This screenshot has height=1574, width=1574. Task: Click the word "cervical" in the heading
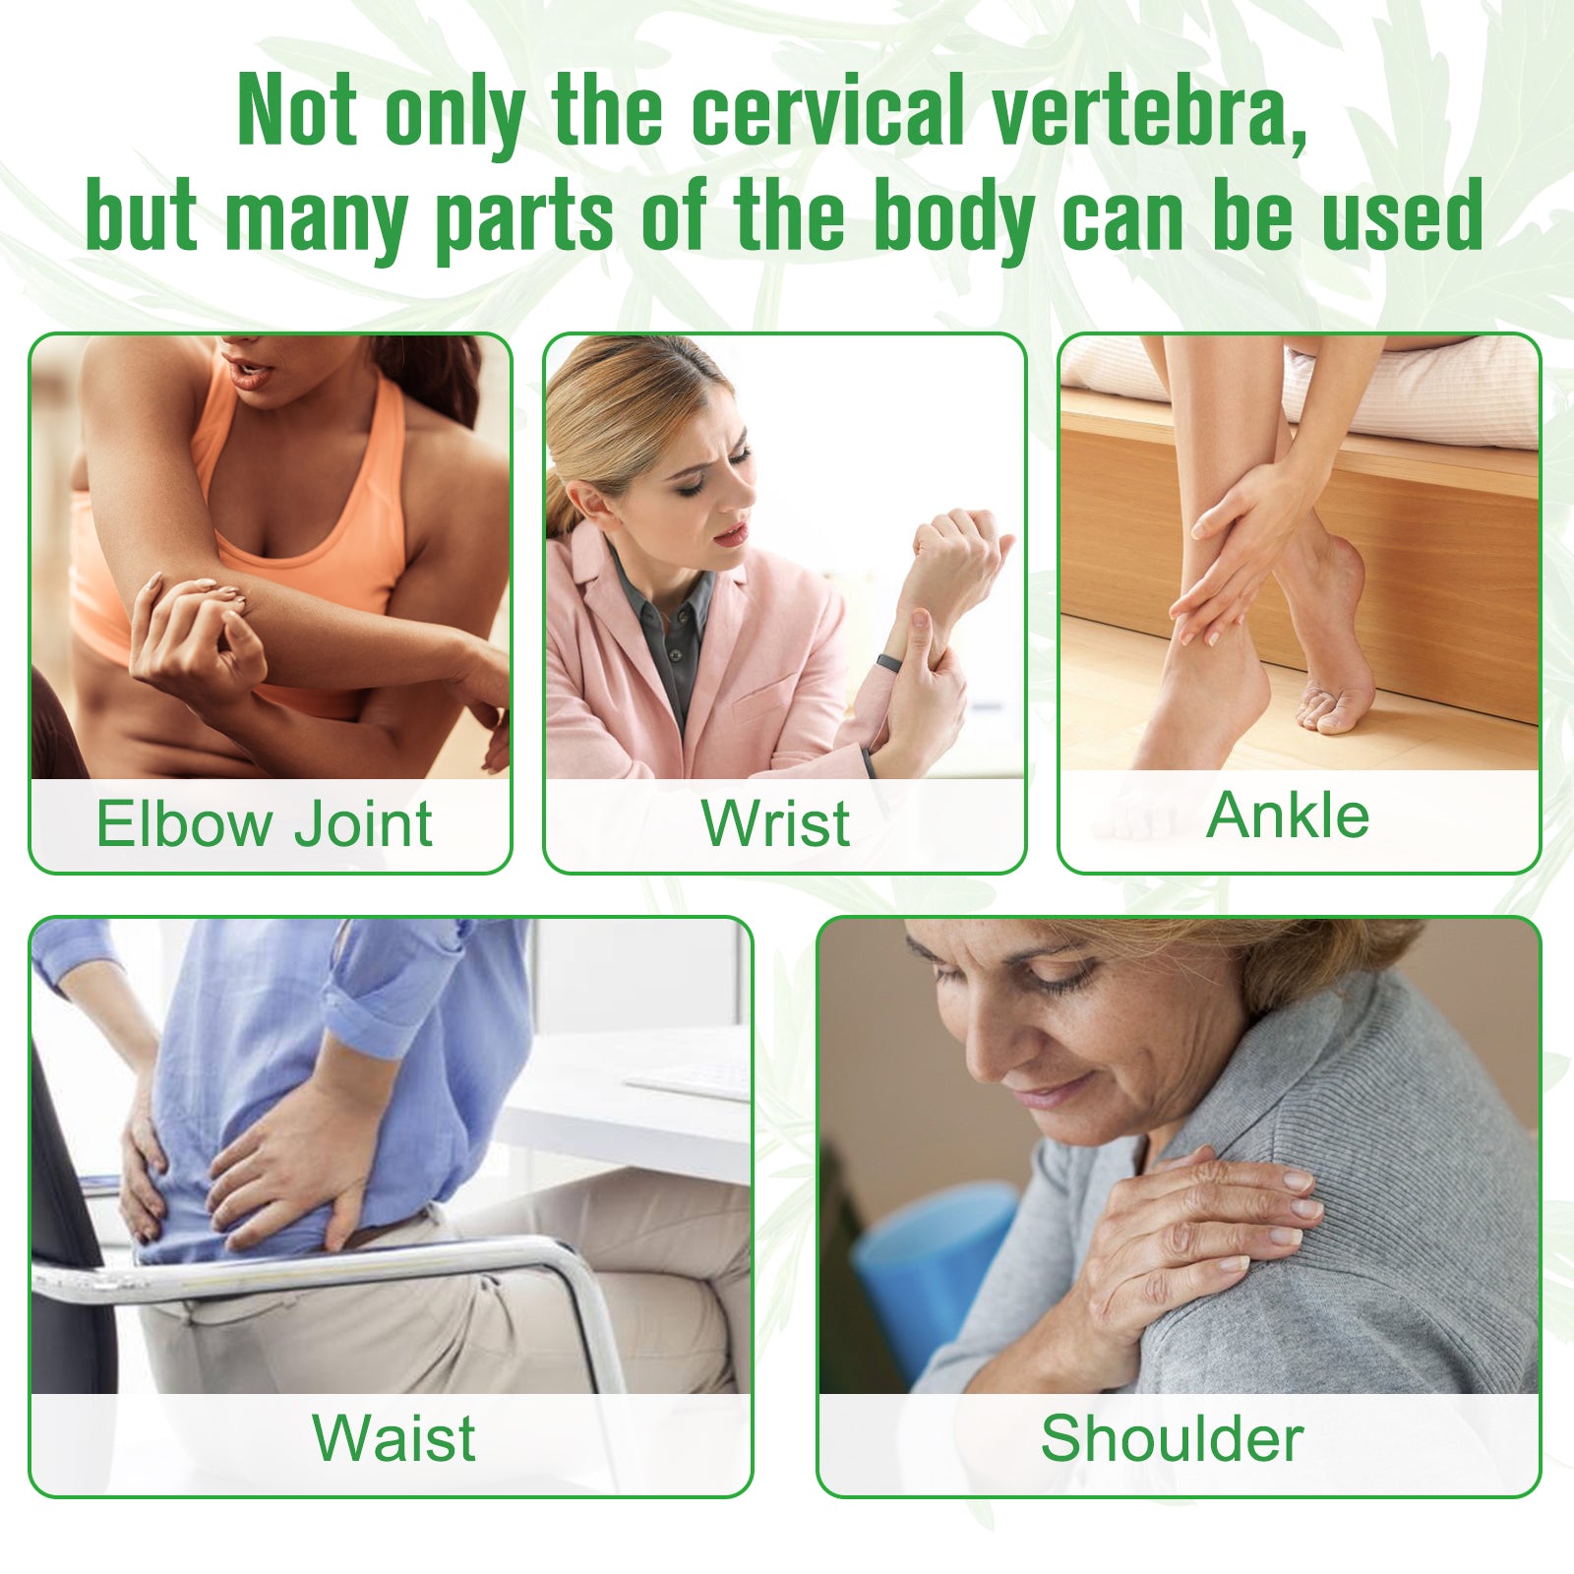(x=827, y=110)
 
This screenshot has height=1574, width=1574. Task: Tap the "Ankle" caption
(x=1288, y=816)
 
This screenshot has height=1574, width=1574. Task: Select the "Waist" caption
(x=393, y=1437)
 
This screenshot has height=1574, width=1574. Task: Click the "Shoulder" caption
(x=1172, y=1438)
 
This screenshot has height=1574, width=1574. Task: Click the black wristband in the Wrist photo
(x=889, y=662)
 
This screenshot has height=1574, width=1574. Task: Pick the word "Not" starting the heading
(x=297, y=110)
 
